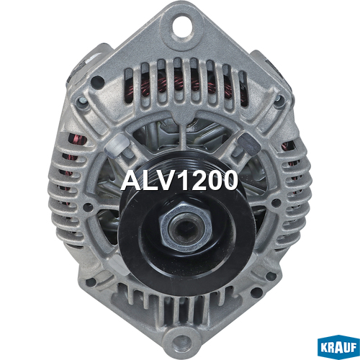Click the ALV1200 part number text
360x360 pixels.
(179, 181)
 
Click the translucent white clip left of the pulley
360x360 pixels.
(117, 145)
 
